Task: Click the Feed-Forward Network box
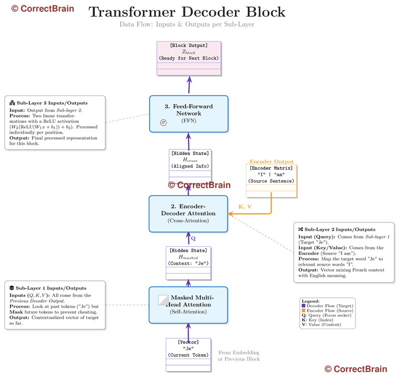click(189, 114)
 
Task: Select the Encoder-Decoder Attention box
click(189, 213)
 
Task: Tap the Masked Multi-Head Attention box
click(189, 305)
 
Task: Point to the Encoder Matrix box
click(271, 181)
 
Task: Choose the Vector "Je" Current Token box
click(189, 355)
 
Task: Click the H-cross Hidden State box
click(190, 166)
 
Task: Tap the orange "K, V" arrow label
click(244, 206)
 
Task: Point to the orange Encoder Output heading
click(271, 162)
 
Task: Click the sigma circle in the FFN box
click(163, 122)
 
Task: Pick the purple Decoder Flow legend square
click(303, 306)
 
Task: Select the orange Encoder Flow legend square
click(303, 310)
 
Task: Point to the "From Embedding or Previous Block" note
click(238, 356)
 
